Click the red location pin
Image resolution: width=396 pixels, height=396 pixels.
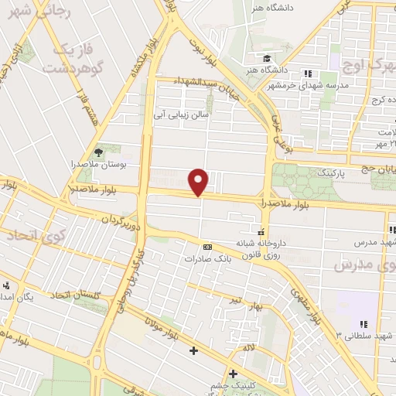pos(200,182)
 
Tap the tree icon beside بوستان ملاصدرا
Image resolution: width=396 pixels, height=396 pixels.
pos(98,152)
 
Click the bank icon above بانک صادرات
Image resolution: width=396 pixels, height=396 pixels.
pos(207,247)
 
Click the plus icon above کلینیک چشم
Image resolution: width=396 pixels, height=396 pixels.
pos(232,374)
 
